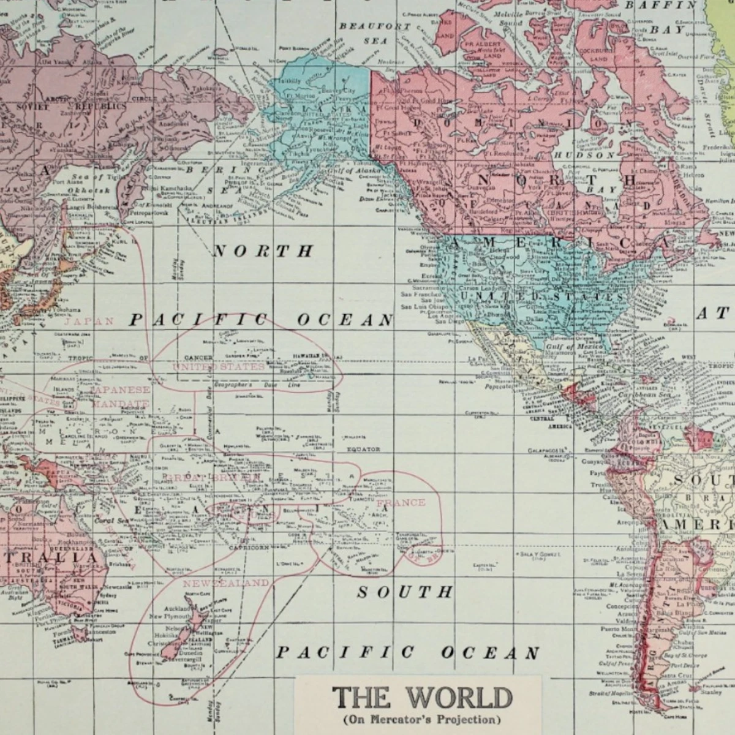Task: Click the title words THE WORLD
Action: pyautogui.click(x=421, y=698)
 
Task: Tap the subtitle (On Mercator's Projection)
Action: pyautogui.click(x=421, y=719)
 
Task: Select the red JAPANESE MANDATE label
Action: pyautogui.click(x=120, y=396)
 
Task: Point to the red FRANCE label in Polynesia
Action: pyautogui.click(x=401, y=503)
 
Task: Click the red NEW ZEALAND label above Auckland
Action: pyautogui.click(x=225, y=582)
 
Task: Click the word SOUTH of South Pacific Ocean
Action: pyautogui.click(x=405, y=592)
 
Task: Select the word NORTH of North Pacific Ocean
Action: pyautogui.click(x=263, y=251)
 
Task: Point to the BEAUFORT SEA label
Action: pyautogui.click(x=366, y=34)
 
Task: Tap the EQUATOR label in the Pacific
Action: pyautogui.click(x=363, y=449)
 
